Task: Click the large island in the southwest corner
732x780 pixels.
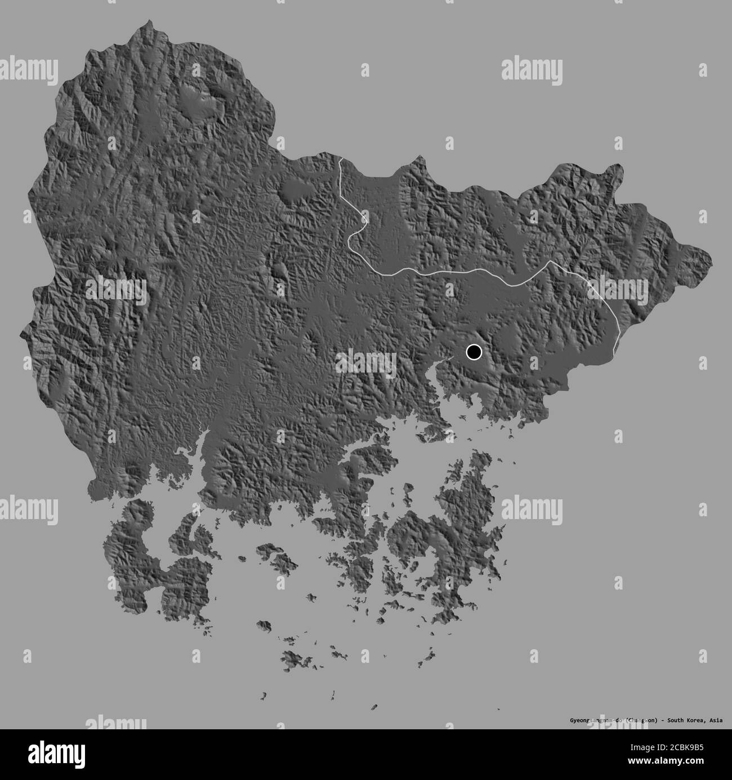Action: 141,558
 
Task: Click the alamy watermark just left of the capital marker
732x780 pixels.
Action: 365,362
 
